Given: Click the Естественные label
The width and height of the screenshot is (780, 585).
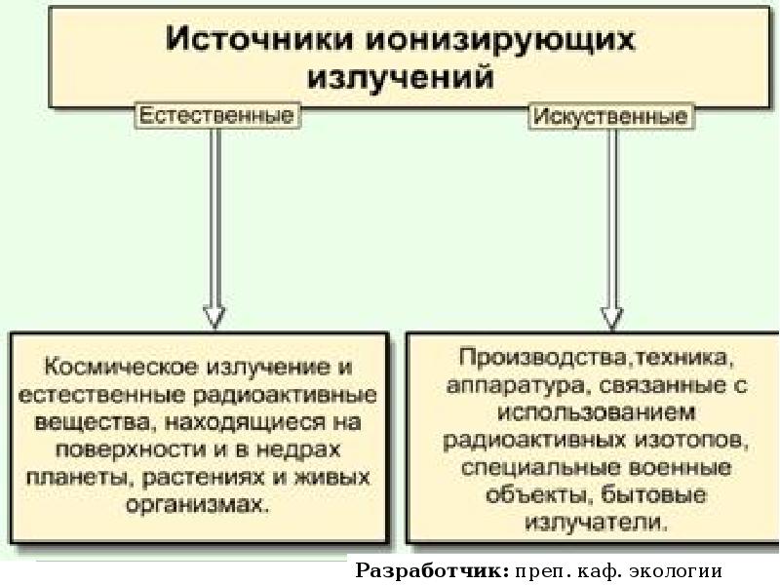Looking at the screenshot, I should coord(216,116).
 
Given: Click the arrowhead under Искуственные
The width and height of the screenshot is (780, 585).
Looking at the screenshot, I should coord(611,315).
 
